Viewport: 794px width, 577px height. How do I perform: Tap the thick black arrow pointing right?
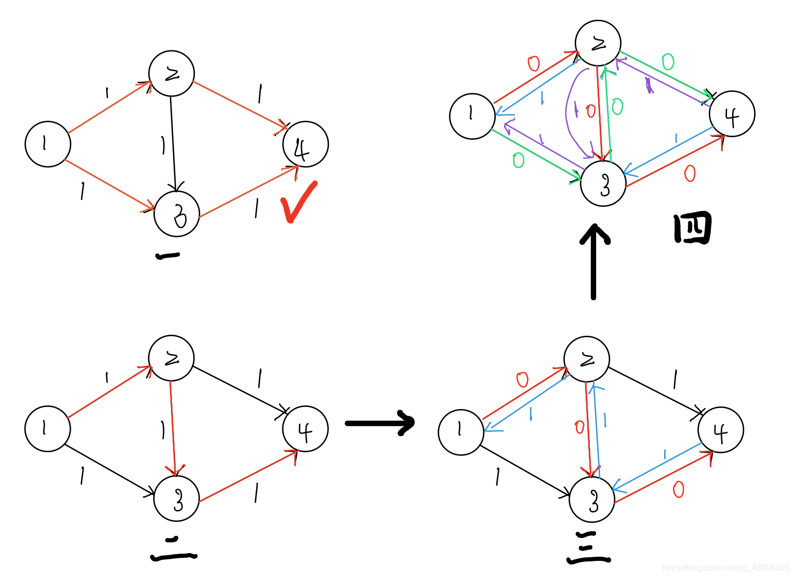point(379,423)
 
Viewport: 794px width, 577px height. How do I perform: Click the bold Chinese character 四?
point(692,229)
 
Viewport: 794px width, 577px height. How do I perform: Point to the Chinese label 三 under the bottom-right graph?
point(588,548)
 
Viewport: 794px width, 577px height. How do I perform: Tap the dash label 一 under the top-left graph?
point(167,255)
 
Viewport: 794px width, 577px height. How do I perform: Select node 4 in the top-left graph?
point(306,145)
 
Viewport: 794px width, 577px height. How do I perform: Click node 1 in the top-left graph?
point(48,144)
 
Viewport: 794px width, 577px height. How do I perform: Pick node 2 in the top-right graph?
point(598,43)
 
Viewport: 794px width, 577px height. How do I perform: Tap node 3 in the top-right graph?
point(603,183)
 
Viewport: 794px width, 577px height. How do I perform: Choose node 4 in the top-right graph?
point(732,114)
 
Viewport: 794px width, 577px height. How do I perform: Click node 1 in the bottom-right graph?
point(461,432)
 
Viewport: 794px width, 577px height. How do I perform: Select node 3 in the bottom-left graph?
point(177,499)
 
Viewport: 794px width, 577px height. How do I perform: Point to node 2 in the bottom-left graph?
point(171,358)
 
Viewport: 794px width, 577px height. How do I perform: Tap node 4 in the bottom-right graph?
point(721,430)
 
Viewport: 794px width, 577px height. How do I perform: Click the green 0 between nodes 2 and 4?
point(668,62)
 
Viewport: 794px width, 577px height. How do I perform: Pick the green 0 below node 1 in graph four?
point(518,160)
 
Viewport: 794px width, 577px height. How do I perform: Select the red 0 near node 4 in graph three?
point(678,489)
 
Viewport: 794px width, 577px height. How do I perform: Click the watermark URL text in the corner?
point(725,567)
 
